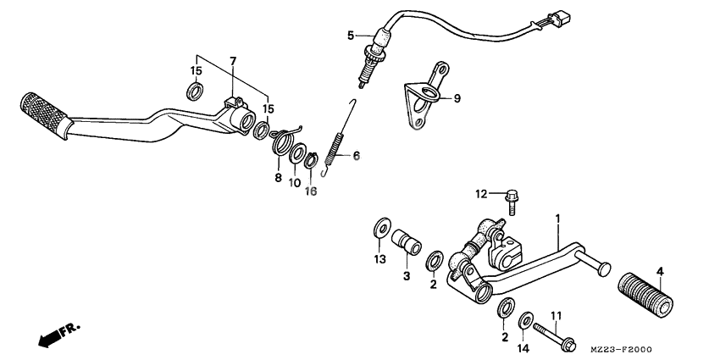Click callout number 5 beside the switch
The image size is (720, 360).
coord(350,35)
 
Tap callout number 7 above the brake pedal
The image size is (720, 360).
coord(233,61)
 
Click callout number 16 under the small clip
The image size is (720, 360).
coord(311,191)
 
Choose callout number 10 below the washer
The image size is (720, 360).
coord(296,183)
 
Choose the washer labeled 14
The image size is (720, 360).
coord(525,320)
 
